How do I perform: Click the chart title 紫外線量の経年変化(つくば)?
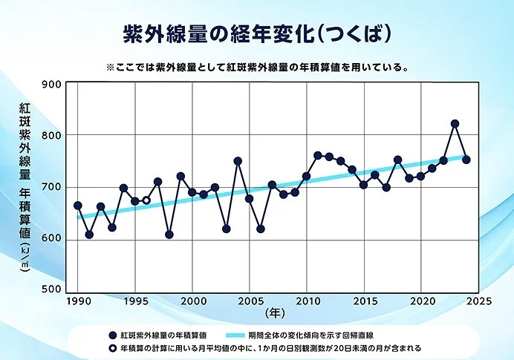click(x=257, y=33)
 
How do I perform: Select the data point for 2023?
click(x=455, y=123)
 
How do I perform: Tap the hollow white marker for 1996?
click(x=146, y=200)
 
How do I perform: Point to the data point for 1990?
click(x=78, y=206)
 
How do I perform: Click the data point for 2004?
click(x=238, y=161)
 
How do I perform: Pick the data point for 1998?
click(x=169, y=235)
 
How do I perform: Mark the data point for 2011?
click(x=318, y=155)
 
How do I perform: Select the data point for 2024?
click(x=466, y=160)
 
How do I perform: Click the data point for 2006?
click(x=261, y=229)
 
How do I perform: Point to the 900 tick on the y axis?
click(x=51, y=84)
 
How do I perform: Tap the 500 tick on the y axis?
click(x=51, y=289)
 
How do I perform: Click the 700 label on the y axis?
click(x=51, y=187)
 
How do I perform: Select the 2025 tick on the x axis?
click(x=478, y=301)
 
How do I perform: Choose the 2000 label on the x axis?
click(x=192, y=301)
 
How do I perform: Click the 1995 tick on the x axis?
click(x=135, y=301)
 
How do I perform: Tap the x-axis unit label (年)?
click(x=275, y=313)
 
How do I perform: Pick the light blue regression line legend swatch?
click(x=235, y=335)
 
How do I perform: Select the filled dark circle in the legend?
click(x=113, y=335)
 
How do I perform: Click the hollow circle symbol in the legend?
click(x=113, y=348)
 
